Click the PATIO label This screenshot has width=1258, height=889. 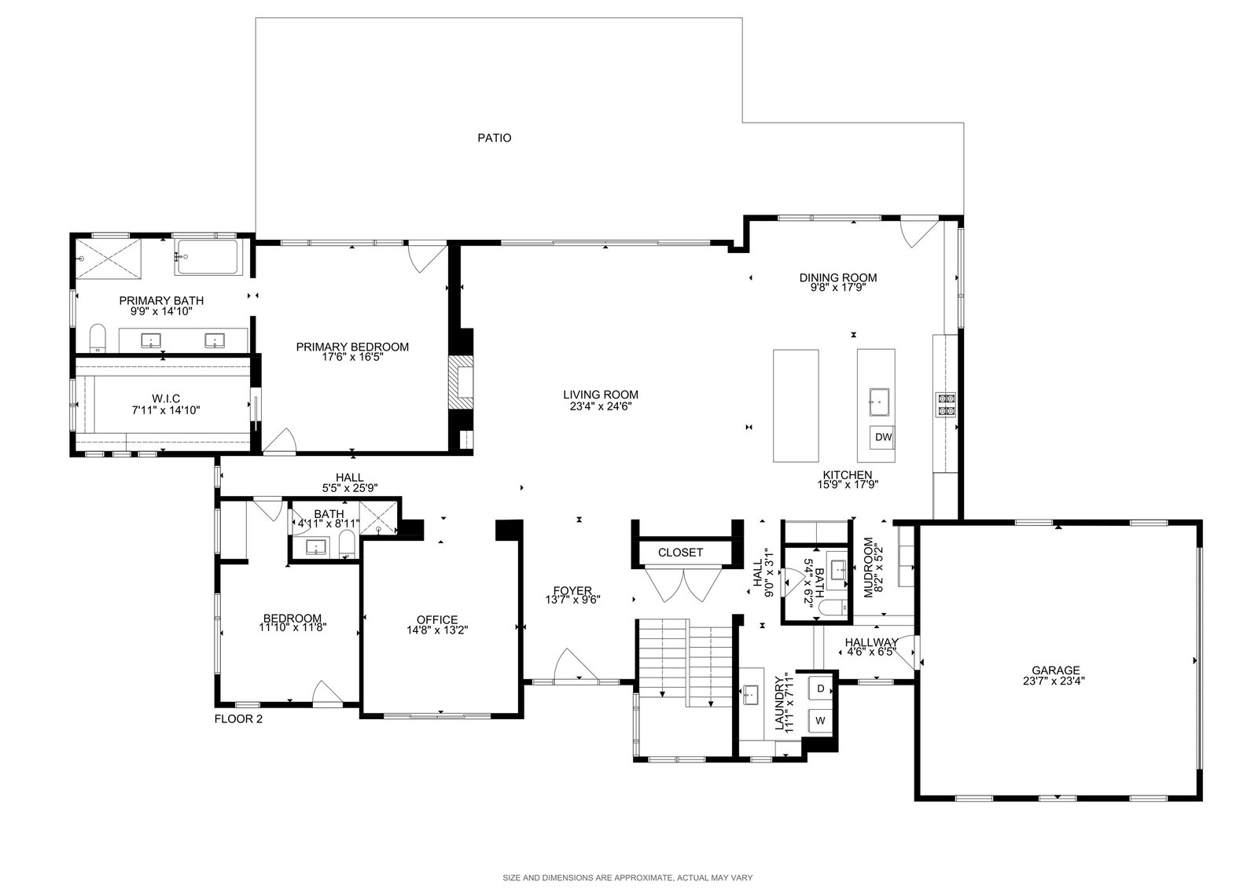point(495,138)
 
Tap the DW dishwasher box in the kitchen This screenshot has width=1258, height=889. point(883,437)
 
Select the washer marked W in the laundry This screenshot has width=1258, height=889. point(820,721)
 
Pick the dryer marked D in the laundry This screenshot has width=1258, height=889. point(820,688)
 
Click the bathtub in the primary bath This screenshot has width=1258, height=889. point(205,257)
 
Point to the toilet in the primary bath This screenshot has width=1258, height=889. point(97,337)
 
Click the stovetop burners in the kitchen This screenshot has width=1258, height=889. point(945,405)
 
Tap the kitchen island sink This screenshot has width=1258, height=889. point(879,402)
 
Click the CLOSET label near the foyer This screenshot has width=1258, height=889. point(680,553)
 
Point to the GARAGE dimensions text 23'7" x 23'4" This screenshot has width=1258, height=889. point(1054,681)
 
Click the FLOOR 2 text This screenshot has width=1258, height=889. point(238,719)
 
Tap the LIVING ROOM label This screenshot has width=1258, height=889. point(601,395)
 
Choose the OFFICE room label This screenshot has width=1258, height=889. point(437,620)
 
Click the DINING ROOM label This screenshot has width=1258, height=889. point(838,277)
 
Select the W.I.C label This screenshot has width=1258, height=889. point(166,399)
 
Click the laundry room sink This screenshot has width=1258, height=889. point(751,695)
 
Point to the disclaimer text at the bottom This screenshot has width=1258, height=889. point(627,877)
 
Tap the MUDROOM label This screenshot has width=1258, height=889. point(869,568)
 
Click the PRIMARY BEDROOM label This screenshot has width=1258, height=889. point(352,347)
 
